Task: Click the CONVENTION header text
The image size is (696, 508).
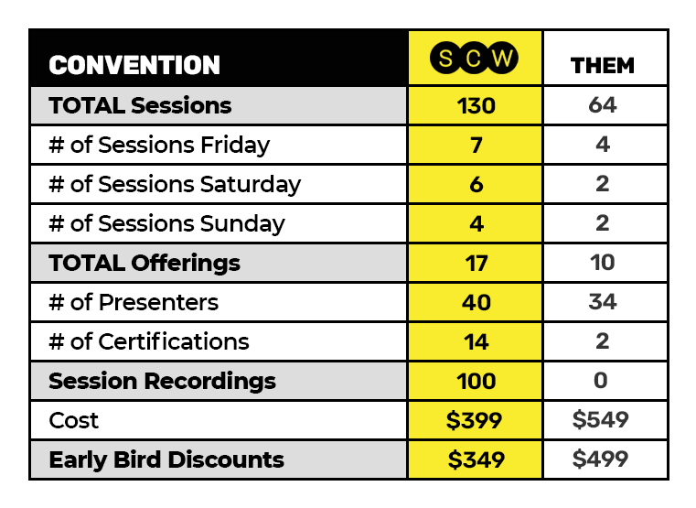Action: pyautogui.click(x=134, y=65)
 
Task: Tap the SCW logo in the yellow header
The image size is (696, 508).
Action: pyautogui.click(x=474, y=58)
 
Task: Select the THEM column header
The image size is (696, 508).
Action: pyautogui.click(x=603, y=66)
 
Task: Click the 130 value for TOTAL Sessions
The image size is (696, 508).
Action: pyautogui.click(x=476, y=105)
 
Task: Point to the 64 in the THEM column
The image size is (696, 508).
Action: pyautogui.click(x=603, y=105)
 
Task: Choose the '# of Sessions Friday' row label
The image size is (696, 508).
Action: pyautogui.click(x=159, y=146)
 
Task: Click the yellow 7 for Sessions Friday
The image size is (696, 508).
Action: pyautogui.click(x=476, y=146)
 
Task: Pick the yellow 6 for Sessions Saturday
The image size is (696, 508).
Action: pyautogui.click(x=476, y=184)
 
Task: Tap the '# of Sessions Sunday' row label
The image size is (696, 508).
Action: pyautogui.click(x=166, y=223)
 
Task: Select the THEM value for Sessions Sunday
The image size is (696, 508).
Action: pyautogui.click(x=603, y=223)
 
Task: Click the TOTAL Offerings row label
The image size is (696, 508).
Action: pyautogui.click(x=145, y=263)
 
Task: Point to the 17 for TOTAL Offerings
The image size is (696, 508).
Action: pyautogui.click(x=476, y=263)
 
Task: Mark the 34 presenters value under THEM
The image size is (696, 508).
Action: pyautogui.click(x=603, y=302)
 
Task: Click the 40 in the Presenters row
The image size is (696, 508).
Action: pyautogui.click(x=476, y=302)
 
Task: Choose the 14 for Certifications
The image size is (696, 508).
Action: pyautogui.click(x=476, y=342)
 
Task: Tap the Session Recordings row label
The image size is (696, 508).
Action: pyautogui.click(x=163, y=381)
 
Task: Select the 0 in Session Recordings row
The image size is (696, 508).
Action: pyautogui.click(x=601, y=381)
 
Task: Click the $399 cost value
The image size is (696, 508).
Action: pyautogui.click(x=474, y=420)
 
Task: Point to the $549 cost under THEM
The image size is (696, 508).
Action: pyautogui.click(x=601, y=419)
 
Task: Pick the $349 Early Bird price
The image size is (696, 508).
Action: pyautogui.click(x=476, y=459)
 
